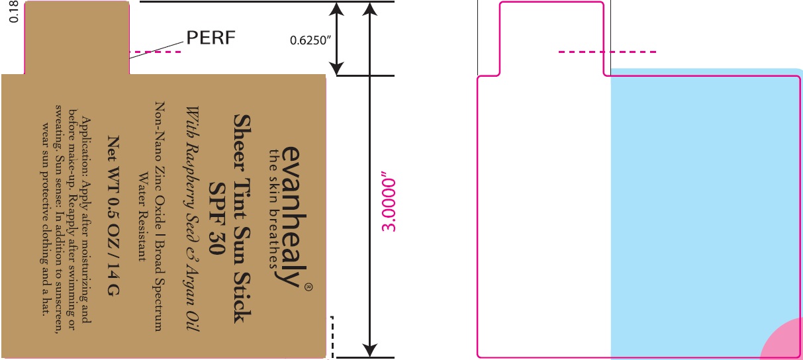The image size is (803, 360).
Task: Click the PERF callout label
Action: coord(210,38)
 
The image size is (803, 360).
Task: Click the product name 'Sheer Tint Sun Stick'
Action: coord(242,218)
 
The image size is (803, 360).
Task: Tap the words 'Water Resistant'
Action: coord(141,218)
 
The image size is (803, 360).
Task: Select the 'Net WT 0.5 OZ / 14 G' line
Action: coord(113,218)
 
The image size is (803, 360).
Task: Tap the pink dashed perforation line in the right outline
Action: coord(608,52)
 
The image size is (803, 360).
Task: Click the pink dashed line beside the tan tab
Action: coord(154,52)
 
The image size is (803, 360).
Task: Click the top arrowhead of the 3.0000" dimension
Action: coord(371,9)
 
